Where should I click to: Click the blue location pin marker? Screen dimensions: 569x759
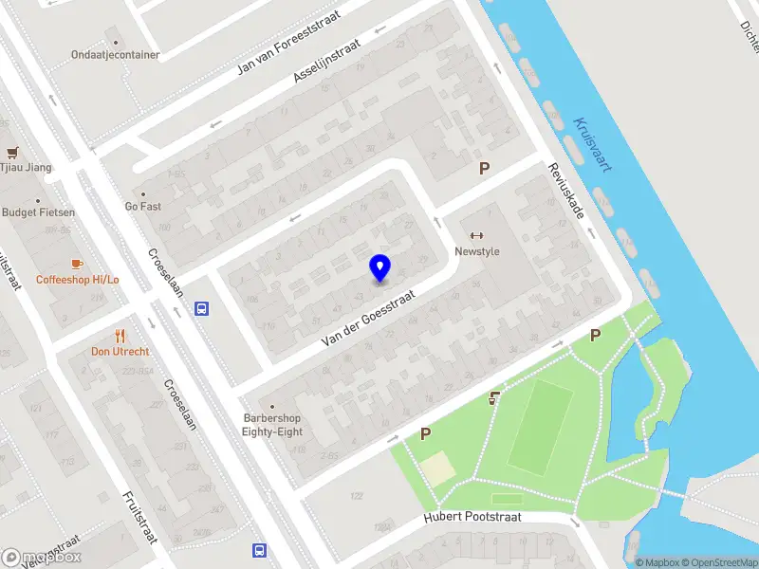pyautogui.click(x=380, y=268)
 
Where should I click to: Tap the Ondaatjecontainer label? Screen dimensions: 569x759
pyautogui.click(x=115, y=55)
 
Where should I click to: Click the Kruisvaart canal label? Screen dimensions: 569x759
pyautogui.click(x=592, y=144)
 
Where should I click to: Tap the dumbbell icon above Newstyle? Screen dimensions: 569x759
pyautogui.click(x=476, y=236)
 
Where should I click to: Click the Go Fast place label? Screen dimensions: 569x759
pyautogui.click(x=145, y=206)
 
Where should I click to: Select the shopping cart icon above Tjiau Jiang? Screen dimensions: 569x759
pyautogui.click(x=12, y=152)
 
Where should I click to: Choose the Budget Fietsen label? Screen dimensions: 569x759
pyautogui.click(x=38, y=212)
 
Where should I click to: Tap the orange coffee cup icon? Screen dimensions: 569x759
pyautogui.click(x=77, y=264)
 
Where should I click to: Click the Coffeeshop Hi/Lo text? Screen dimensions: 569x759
pyautogui.click(x=78, y=280)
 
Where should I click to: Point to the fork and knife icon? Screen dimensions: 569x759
pyautogui.click(x=120, y=335)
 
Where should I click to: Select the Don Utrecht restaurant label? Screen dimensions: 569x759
pyautogui.click(x=121, y=351)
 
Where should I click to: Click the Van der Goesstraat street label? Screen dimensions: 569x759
pyautogui.click(x=369, y=317)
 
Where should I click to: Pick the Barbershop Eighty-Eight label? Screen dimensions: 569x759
pyautogui.click(x=271, y=425)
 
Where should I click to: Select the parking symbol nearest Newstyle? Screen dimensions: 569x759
pyautogui.click(x=484, y=169)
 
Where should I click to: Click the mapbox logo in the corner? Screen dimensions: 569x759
pyautogui.click(x=42, y=558)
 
